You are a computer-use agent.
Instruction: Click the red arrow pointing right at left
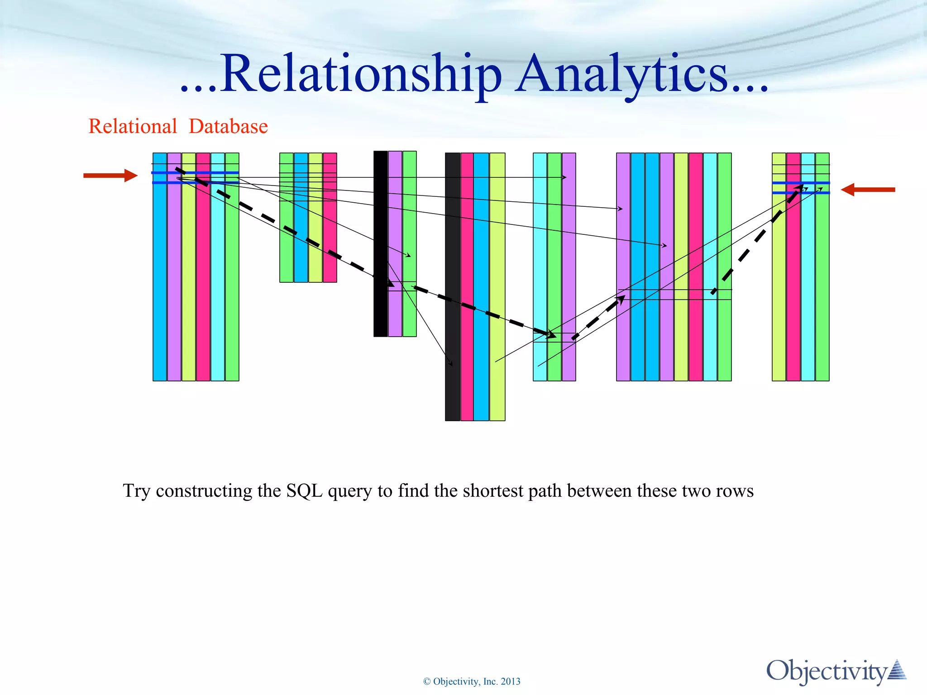pos(110,176)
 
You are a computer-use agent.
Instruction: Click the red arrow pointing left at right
pos(868,190)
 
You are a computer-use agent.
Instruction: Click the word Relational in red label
pos(133,126)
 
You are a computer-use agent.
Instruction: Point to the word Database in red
pos(228,126)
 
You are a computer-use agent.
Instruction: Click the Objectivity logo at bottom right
pos(835,671)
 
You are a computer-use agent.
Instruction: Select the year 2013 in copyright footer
pos(511,681)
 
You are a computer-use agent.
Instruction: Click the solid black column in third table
pos(380,244)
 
